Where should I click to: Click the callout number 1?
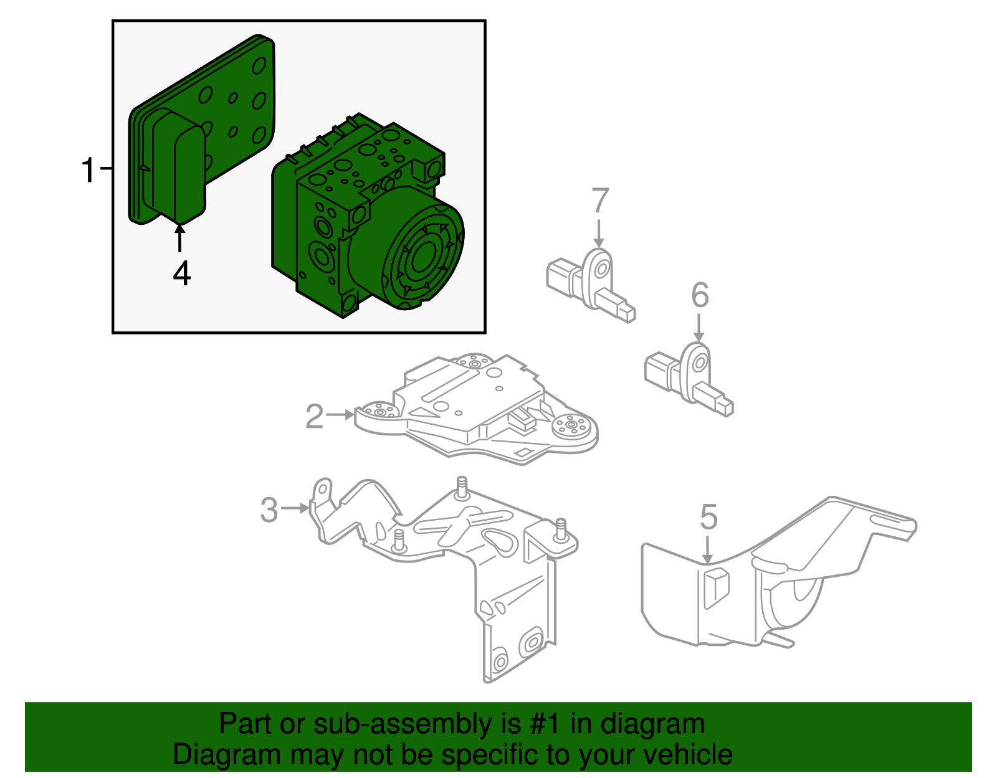pyautogui.click(x=89, y=169)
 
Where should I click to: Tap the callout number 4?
pyautogui.click(x=181, y=273)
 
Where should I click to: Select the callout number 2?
pyautogui.click(x=315, y=416)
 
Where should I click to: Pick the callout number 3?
pyautogui.click(x=269, y=510)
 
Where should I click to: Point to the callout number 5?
pyautogui.click(x=708, y=517)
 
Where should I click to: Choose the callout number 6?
pyautogui.click(x=700, y=295)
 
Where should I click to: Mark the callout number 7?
pyautogui.click(x=599, y=201)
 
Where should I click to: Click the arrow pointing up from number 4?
pyautogui.click(x=180, y=239)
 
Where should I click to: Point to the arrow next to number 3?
pyautogui.click(x=295, y=508)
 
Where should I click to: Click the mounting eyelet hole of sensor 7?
pyautogui.click(x=601, y=269)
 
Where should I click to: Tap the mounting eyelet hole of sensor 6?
pyautogui.click(x=700, y=363)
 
